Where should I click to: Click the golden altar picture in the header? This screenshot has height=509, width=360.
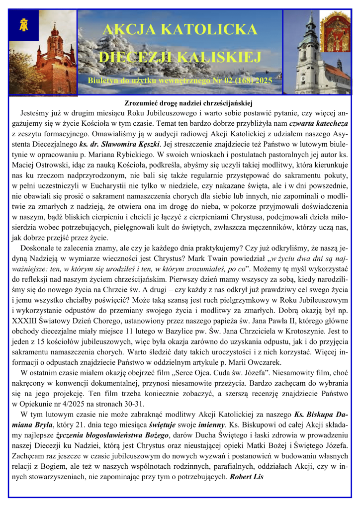pos(335,32)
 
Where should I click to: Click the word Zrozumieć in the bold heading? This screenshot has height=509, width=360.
pos(143,103)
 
